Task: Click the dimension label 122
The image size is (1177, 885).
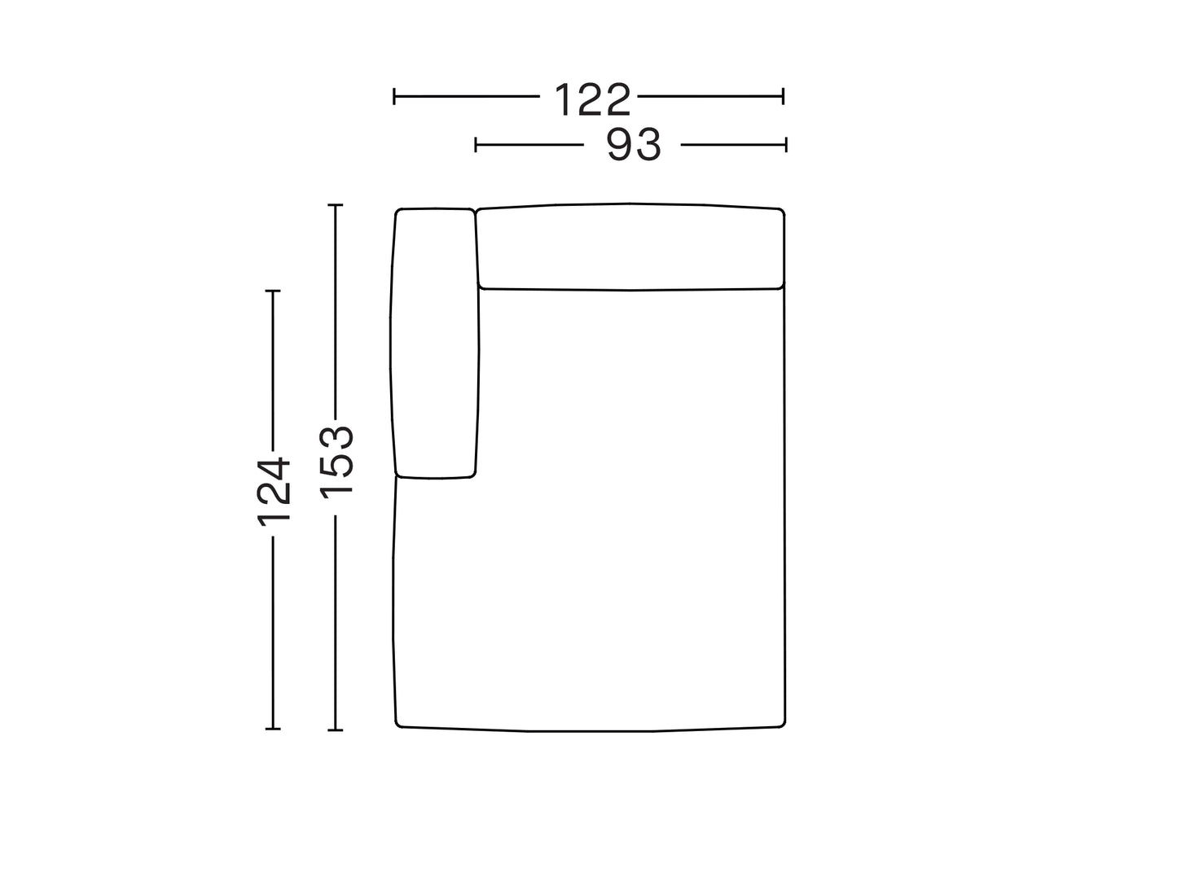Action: tap(592, 99)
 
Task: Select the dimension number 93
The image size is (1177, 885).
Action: tap(633, 145)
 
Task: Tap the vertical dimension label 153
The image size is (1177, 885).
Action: tap(336, 462)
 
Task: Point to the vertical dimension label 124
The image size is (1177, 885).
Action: tap(274, 491)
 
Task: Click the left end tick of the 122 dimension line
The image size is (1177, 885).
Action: tap(394, 96)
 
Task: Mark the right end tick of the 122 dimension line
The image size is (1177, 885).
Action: tap(784, 96)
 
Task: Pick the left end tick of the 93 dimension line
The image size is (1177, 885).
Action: tap(476, 145)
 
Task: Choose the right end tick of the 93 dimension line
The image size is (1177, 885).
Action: tap(786, 145)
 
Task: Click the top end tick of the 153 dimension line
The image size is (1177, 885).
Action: tap(335, 204)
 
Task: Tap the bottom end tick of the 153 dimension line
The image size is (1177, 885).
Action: tap(335, 729)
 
